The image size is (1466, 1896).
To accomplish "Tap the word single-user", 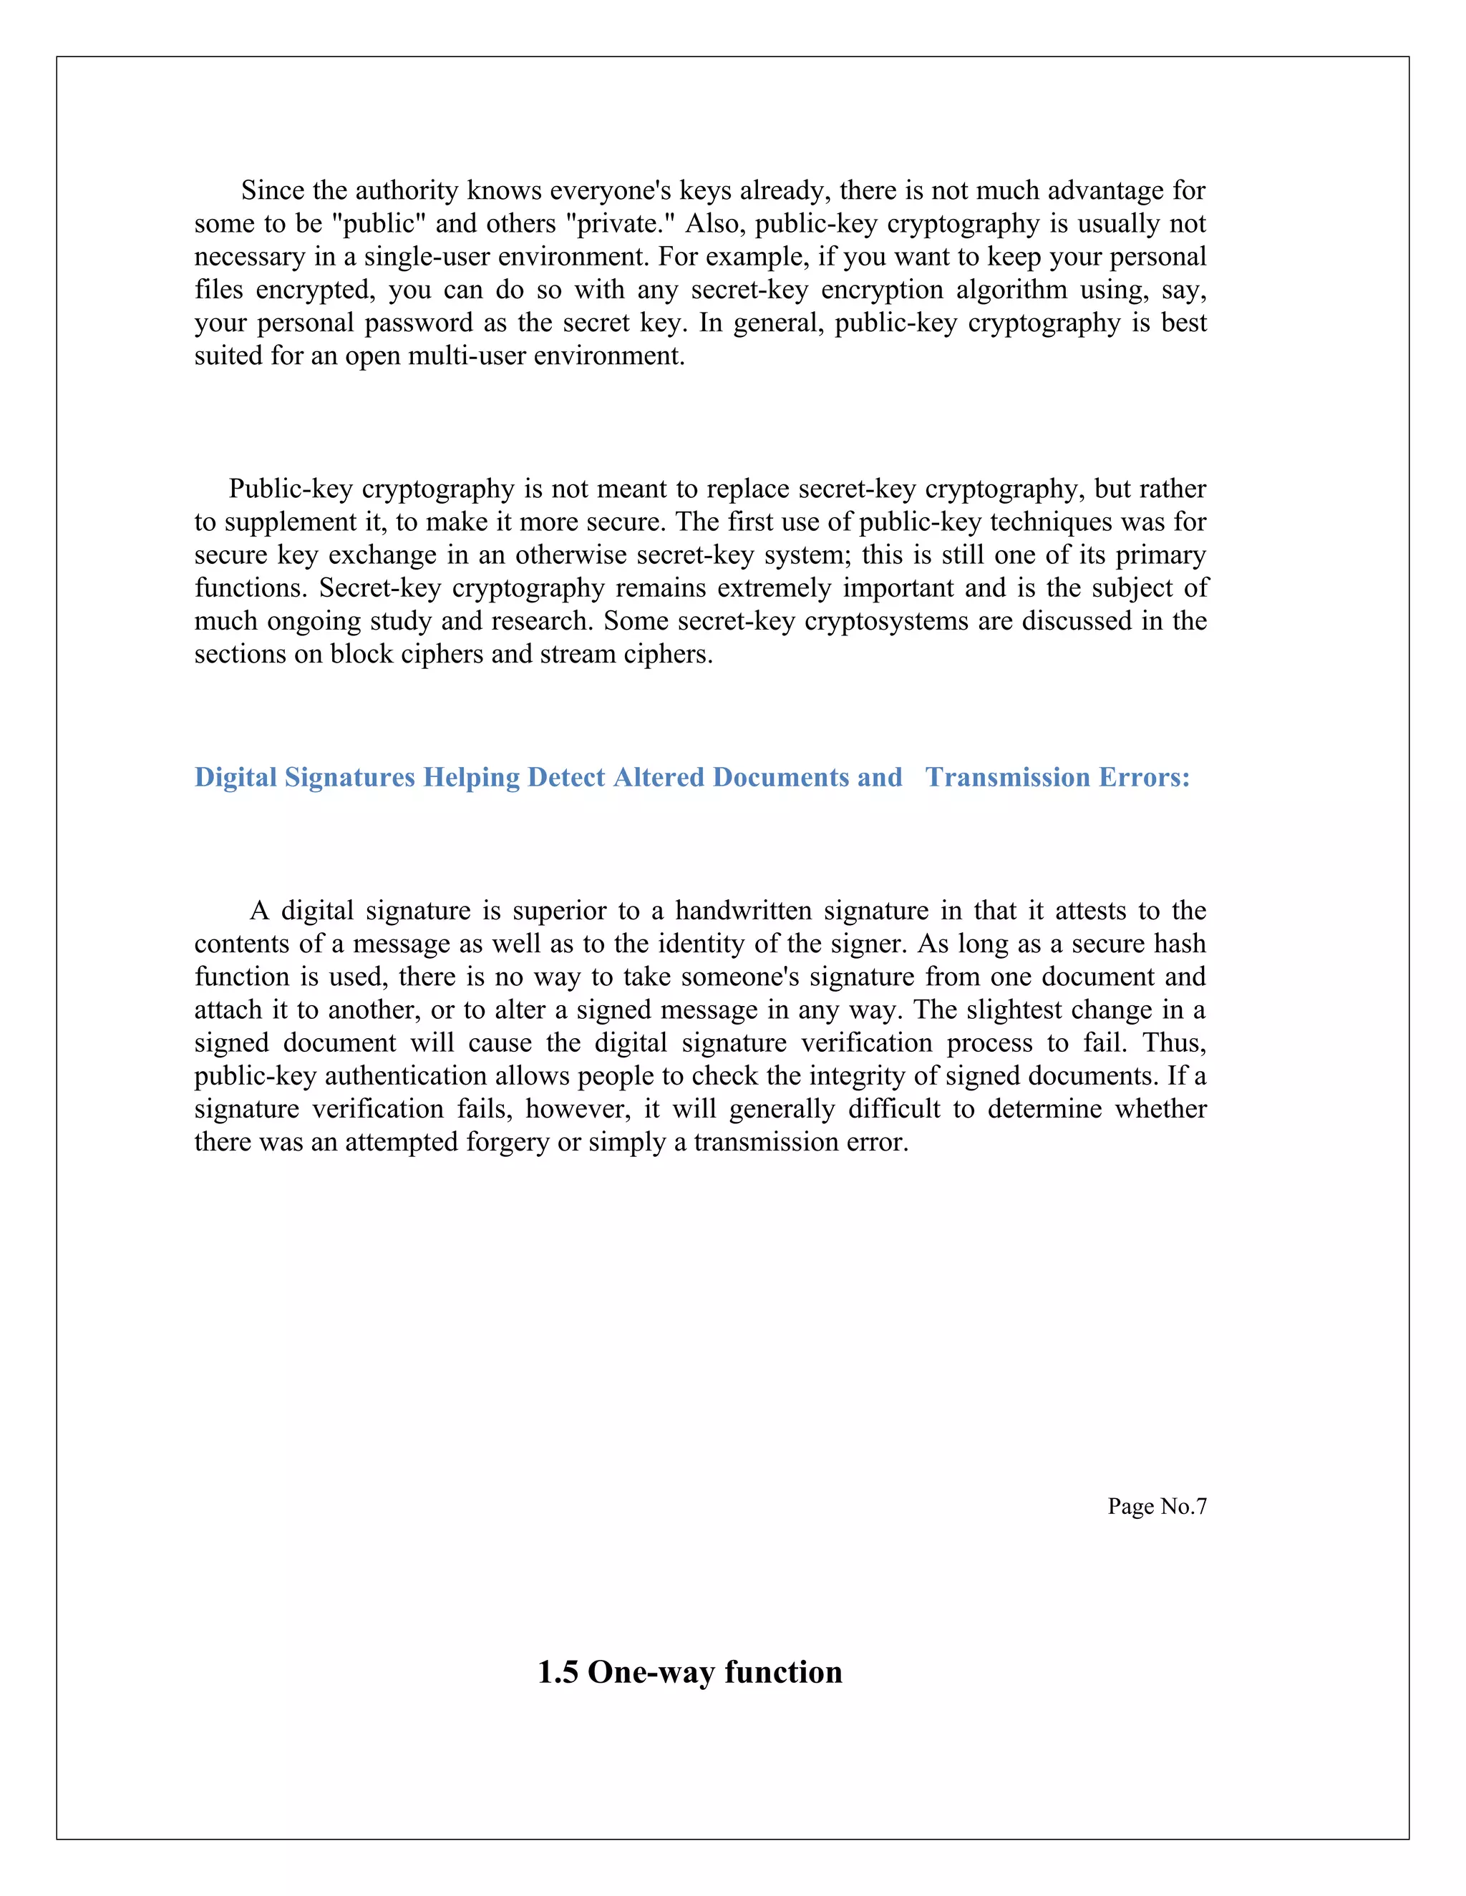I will pyautogui.click(x=427, y=257).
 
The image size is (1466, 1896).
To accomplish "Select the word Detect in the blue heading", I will pyautogui.click(x=566, y=777).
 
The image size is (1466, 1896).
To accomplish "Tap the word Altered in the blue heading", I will pyautogui.click(x=659, y=777).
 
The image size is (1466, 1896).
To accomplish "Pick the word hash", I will pyautogui.click(x=1180, y=944).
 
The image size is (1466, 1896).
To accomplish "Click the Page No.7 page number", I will pyautogui.click(x=1157, y=1506).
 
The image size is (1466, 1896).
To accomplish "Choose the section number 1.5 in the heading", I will pyautogui.click(x=558, y=1673).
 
